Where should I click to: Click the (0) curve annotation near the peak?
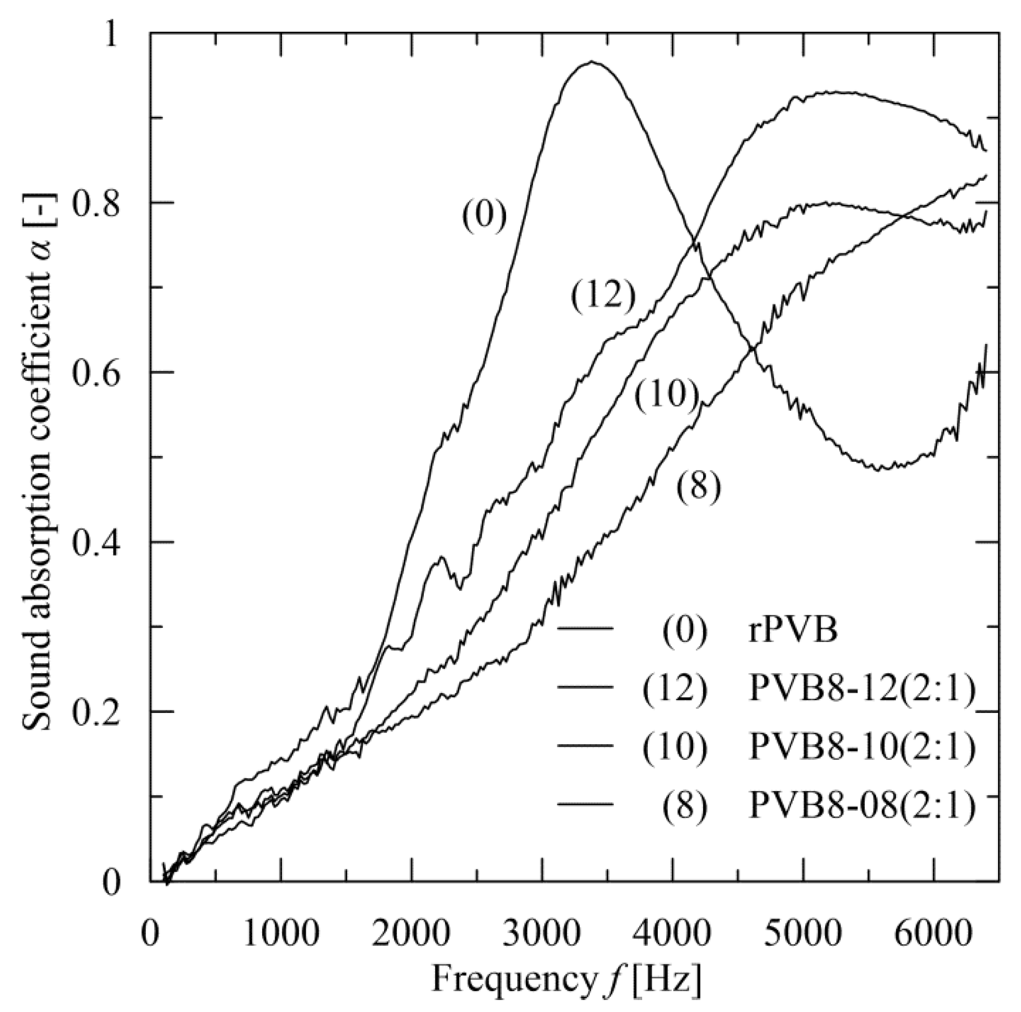pyautogui.click(x=484, y=217)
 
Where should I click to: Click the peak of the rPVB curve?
pyautogui.click(x=593, y=62)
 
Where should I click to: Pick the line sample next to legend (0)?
pyautogui.click(x=585, y=629)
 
